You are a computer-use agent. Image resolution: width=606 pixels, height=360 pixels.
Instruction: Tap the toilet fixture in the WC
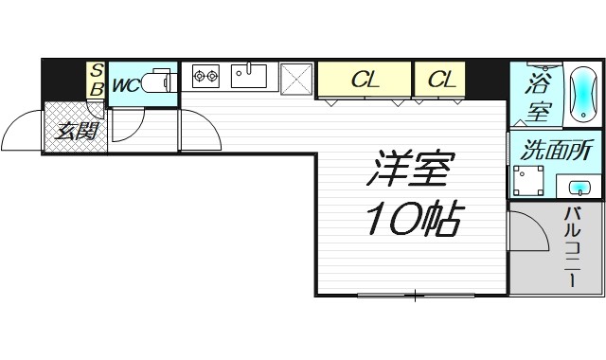[159, 82]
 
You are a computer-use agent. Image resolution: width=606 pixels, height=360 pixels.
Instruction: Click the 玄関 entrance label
[76, 131]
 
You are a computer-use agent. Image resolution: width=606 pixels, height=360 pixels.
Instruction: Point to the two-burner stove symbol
[205, 75]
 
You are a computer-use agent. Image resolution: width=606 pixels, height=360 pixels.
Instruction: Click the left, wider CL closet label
[365, 81]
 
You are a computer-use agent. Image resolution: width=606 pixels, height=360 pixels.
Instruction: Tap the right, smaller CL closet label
[441, 81]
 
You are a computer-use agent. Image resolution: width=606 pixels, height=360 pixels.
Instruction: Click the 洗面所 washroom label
[558, 150]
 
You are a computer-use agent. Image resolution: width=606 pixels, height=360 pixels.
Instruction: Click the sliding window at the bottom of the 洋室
[414, 296]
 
